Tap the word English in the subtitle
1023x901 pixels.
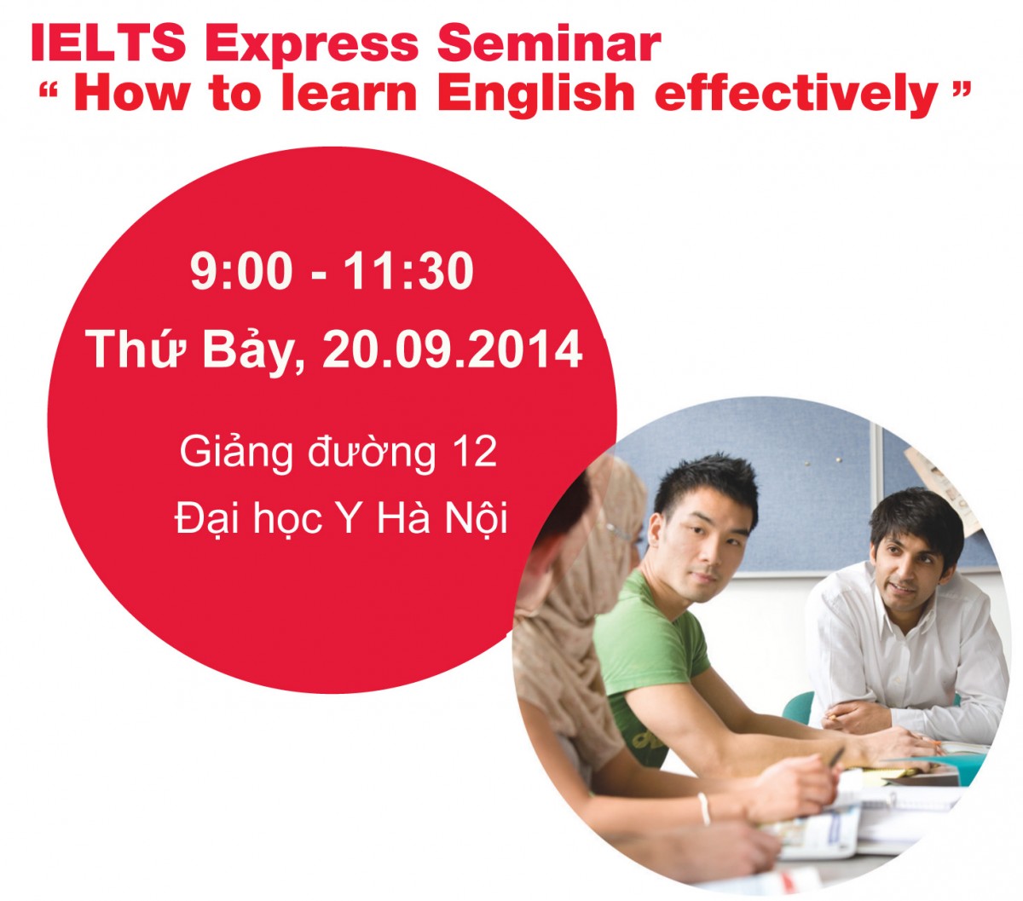[x=536, y=93]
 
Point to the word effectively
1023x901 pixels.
[x=796, y=93]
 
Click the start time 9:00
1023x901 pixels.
[x=241, y=272]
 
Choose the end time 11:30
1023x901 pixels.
[x=409, y=272]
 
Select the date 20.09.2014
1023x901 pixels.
[x=453, y=349]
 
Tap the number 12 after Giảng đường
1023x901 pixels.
[x=475, y=451]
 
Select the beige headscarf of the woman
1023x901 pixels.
[x=588, y=597]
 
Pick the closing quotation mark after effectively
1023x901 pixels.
[x=960, y=89]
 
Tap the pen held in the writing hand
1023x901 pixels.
[x=835, y=757]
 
